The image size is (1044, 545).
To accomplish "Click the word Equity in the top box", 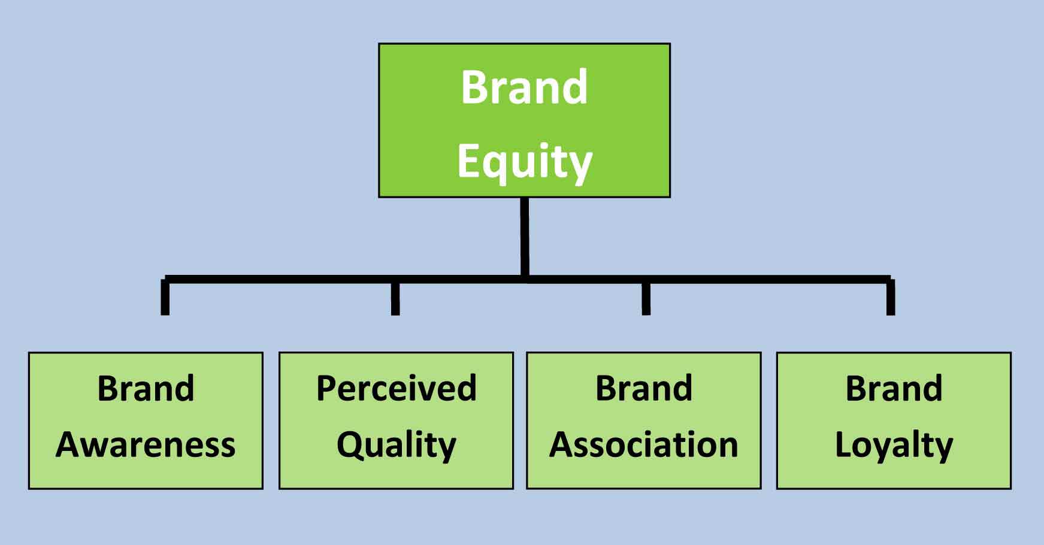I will click(525, 161).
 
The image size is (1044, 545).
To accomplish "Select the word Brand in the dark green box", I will click(524, 87).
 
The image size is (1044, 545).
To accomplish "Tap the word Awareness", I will click(146, 445).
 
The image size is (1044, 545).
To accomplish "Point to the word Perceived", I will click(397, 388).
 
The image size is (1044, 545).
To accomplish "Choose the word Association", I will click(644, 445).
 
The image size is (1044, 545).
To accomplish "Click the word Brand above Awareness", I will click(146, 388).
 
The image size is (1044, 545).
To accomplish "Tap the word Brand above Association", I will click(644, 388).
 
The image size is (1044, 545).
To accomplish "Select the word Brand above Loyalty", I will click(894, 388).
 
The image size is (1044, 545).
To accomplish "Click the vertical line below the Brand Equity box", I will click(525, 237).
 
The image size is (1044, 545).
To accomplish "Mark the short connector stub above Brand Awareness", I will click(165, 298).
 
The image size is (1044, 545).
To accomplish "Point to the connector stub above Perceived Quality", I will click(395, 298).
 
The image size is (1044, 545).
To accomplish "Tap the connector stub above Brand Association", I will click(646, 298).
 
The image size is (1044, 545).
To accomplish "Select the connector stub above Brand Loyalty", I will click(891, 298).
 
